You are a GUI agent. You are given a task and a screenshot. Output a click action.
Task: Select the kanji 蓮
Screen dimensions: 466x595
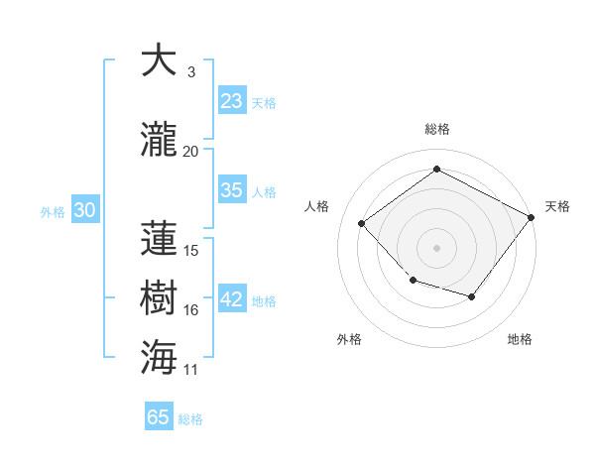point(160,238)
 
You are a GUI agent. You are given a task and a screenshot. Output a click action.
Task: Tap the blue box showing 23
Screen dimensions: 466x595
point(232,101)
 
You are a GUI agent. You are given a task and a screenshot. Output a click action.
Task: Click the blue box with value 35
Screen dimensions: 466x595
point(232,190)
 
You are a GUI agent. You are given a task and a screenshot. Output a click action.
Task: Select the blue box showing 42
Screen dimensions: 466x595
point(232,299)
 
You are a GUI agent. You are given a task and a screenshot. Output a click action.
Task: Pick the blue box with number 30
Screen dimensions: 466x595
point(84,210)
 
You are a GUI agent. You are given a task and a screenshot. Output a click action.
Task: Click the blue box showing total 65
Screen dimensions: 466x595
point(159,417)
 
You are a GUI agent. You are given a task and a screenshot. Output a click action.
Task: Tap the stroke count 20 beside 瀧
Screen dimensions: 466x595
point(190,152)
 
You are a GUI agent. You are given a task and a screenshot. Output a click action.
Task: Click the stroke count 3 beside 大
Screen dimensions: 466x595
point(190,72)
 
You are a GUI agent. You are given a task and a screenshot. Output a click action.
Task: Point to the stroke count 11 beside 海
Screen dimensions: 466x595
point(190,370)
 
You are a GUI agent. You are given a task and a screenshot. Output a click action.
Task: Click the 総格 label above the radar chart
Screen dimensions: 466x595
point(436,129)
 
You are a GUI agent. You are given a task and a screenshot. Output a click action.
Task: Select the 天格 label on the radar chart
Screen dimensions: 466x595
point(557,206)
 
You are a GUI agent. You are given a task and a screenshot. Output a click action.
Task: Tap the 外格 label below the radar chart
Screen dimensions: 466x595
point(349,339)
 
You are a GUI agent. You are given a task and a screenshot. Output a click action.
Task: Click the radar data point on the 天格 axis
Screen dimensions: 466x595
point(533,217)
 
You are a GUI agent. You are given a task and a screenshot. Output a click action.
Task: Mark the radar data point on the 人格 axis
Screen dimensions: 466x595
point(362,224)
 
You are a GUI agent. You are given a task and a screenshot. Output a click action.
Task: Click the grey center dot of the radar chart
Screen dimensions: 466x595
point(436,248)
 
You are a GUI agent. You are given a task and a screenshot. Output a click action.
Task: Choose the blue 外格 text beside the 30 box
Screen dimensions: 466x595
point(53,211)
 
